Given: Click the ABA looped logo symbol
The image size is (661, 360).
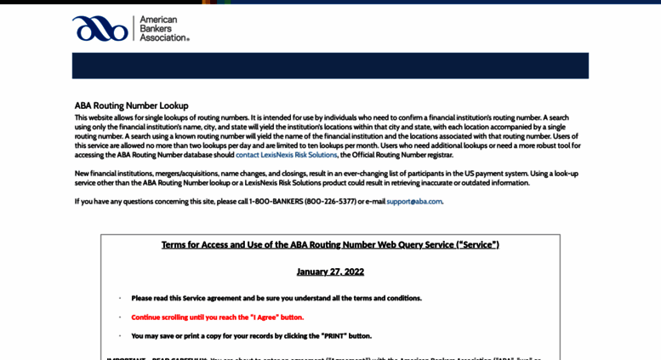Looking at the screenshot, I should coord(100,28).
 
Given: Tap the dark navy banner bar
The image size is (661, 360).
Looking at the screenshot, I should coord(330,66).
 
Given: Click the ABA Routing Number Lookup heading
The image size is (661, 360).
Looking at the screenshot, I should coord(131,106).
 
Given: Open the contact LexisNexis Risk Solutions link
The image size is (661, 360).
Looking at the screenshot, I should coord(287,155).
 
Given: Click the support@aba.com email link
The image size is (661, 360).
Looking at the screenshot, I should coord(414,202).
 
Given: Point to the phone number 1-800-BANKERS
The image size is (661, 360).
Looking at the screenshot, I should coord(276,202).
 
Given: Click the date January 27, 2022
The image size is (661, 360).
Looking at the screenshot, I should coord(330,271).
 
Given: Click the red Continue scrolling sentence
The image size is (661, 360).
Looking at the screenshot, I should coord(217,317).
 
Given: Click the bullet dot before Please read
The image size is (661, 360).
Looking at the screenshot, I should coord(120,298).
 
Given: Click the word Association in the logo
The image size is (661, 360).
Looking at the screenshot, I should coord(162,37).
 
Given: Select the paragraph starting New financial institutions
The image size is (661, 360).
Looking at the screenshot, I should coord(326,178).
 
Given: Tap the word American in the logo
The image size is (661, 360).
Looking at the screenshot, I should coord(157,19).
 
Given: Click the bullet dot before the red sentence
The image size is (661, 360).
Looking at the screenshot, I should coord(120,317).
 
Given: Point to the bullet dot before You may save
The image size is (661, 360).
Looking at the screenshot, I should coord(120,335).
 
